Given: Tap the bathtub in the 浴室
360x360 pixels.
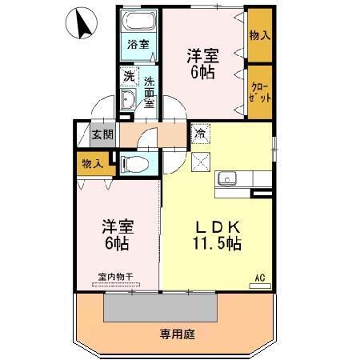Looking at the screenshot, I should tap(139, 22).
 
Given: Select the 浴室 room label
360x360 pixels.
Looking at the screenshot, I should tap(138, 45).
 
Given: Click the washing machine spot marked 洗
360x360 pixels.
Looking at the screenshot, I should tap(128, 78).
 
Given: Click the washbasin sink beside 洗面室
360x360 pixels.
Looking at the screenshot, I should tap(128, 99).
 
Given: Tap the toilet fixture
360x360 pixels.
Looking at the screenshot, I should tap(138, 165).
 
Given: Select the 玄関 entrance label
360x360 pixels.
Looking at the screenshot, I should tap(102, 134).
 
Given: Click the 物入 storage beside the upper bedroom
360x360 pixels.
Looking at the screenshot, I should tap(258, 35).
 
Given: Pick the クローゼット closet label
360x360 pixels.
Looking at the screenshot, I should tap(258, 91).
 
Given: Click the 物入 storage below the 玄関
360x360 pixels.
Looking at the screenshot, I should tap(92, 163).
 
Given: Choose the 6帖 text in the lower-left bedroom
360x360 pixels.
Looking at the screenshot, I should tap(116, 243).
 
